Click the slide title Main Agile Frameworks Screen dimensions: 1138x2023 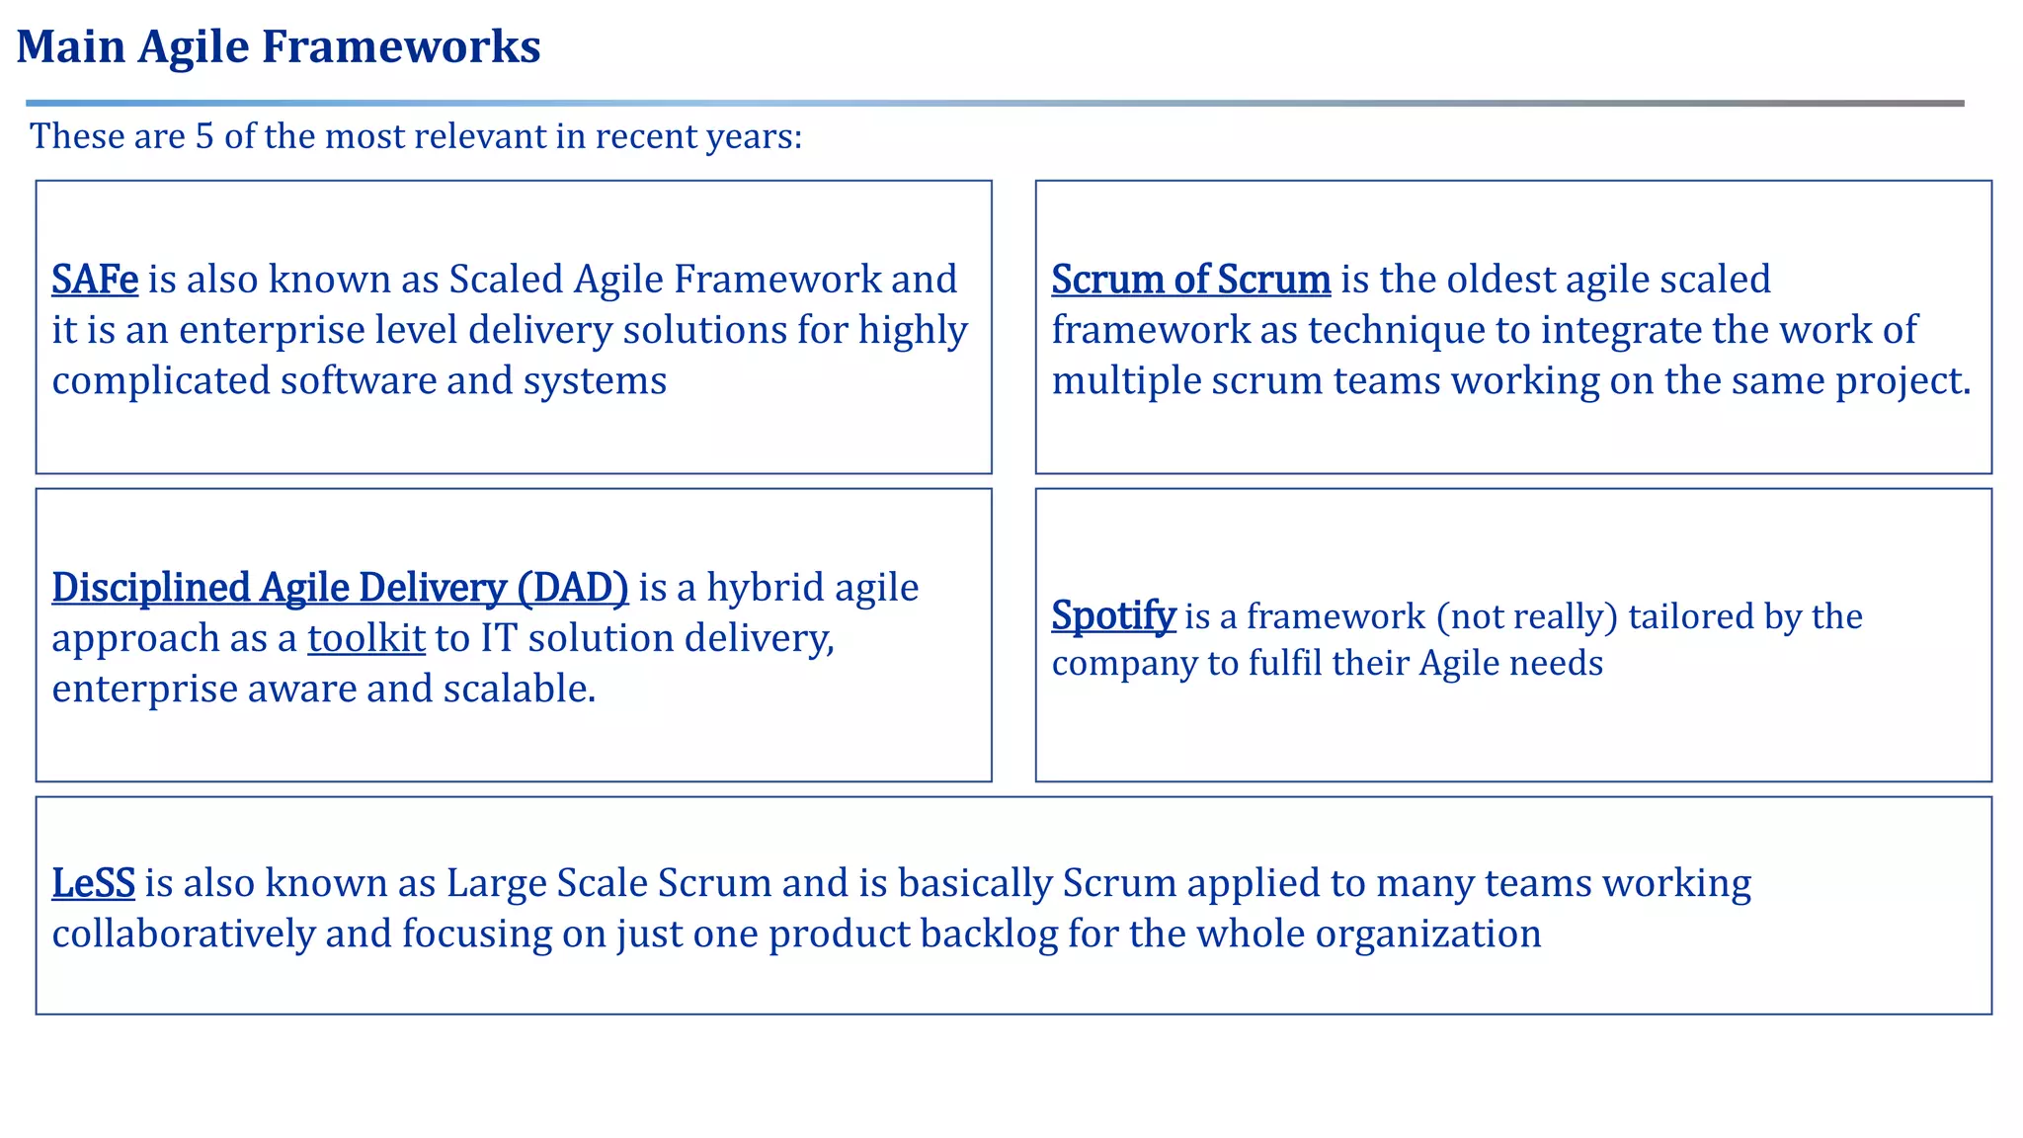tap(279, 46)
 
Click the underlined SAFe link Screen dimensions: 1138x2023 tap(95, 280)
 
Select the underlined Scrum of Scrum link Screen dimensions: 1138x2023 tap(1190, 280)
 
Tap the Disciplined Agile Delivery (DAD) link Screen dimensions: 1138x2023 tap(340, 588)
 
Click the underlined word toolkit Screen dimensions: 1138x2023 tap(365, 638)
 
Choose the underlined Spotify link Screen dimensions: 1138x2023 tap(1113, 615)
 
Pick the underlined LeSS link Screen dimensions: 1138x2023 tap(93, 883)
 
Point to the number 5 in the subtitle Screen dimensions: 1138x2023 tap(203, 136)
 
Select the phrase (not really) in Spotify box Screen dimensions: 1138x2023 tap(1526, 616)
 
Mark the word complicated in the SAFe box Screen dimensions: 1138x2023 tap(160, 381)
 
